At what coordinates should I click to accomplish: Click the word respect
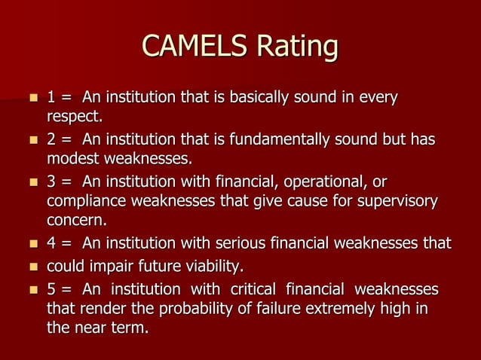(73, 117)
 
